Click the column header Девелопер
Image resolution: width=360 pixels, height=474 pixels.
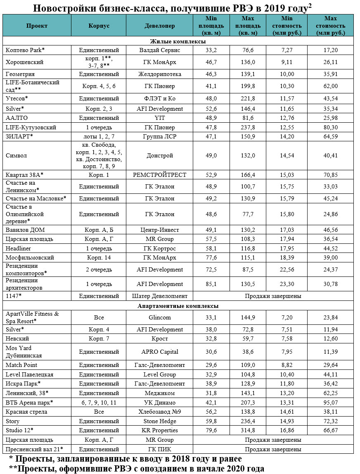(x=159, y=26)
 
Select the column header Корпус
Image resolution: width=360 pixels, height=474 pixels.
(x=99, y=26)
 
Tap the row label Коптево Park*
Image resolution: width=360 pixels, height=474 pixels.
(x=25, y=50)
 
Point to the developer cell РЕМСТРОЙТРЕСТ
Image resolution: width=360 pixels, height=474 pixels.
(x=159, y=175)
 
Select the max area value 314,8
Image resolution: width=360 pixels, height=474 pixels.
(x=248, y=431)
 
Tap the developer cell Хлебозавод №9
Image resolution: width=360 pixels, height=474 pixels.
(x=159, y=412)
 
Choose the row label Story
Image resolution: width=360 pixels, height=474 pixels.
(x=12, y=421)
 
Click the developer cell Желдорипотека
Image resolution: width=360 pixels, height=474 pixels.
(x=159, y=74)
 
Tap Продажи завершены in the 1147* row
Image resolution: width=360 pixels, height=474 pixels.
(x=272, y=296)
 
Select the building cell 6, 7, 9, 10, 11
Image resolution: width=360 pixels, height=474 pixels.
(x=99, y=403)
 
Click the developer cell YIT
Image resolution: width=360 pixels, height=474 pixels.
(x=159, y=118)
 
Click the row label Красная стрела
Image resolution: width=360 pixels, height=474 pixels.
(x=26, y=412)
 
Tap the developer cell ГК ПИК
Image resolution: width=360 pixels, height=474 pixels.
(x=159, y=449)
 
